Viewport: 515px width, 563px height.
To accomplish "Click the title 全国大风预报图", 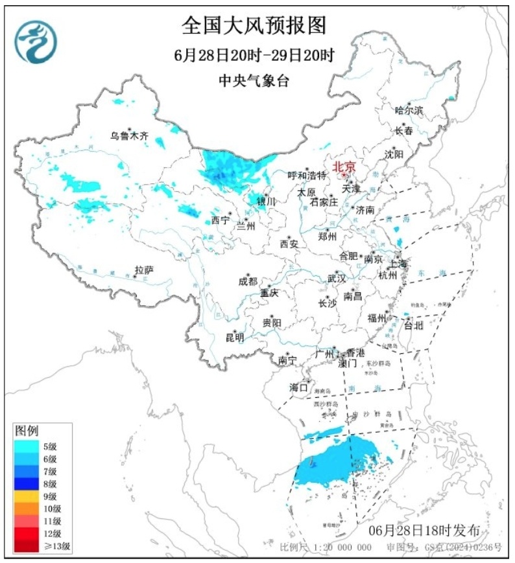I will click(254, 26).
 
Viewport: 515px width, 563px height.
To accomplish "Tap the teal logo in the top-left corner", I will click(36, 42).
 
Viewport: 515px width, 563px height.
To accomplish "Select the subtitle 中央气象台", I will click(254, 80).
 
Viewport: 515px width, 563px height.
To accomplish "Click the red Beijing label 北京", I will click(344, 167).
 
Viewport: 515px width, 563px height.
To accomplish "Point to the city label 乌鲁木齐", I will click(129, 135).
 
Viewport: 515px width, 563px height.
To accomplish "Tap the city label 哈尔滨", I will click(409, 110).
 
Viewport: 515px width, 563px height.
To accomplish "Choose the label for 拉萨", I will click(144, 269).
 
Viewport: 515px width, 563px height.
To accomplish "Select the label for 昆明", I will click(235, 337).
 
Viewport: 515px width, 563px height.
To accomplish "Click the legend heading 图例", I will click(27, 430).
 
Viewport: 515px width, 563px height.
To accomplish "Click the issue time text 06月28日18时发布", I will click(424, 530).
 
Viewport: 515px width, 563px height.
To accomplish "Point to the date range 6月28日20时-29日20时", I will click(254, 54).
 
